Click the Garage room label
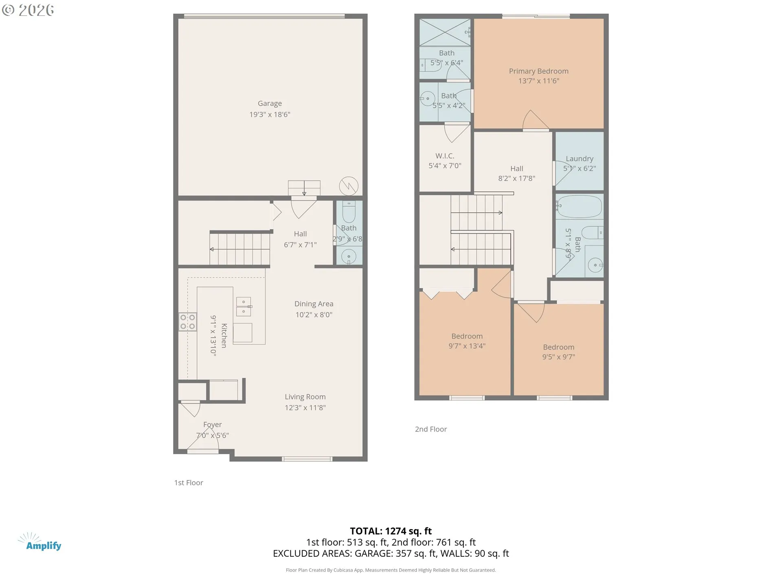(270, 103)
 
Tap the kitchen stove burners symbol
(187, 321)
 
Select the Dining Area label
(314, 304)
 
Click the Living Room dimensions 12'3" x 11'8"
(305, 407)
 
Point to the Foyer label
(212, 424)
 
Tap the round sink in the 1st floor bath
(349, 257)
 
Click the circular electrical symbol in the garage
(349, 186)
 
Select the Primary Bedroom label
(538, 71)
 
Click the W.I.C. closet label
(445, 156)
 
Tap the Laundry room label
(579, 158)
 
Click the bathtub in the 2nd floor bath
(580, 206)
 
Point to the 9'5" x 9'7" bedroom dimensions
(558, 357)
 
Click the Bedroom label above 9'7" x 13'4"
(467, 336)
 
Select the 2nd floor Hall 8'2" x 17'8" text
(516, 173)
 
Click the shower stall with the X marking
(444, 32)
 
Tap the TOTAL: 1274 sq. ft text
(391, 531)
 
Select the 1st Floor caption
(189, 483)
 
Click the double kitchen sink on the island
(244, 306)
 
